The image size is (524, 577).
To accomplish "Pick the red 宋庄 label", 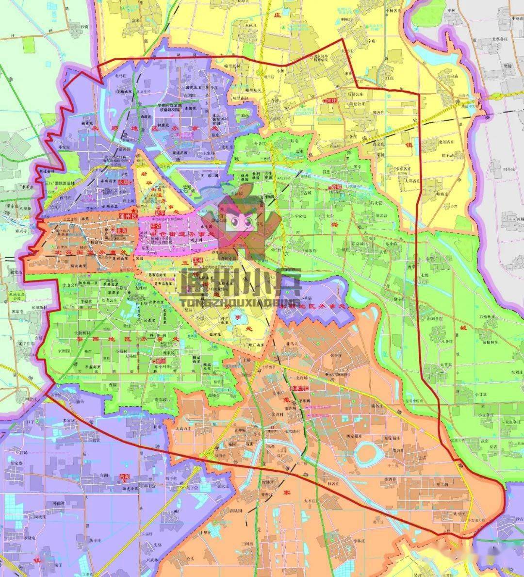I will click(331, 100).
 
